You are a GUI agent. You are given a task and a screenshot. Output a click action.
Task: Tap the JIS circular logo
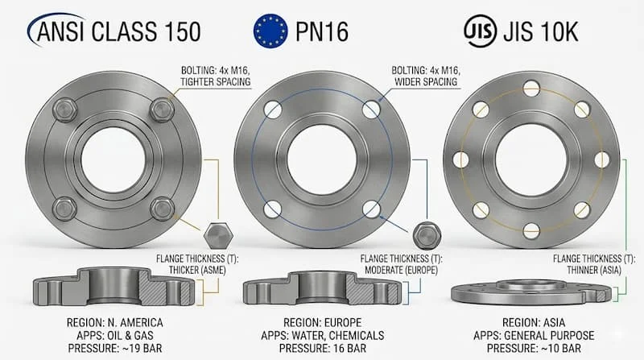(x=480, y=31)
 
